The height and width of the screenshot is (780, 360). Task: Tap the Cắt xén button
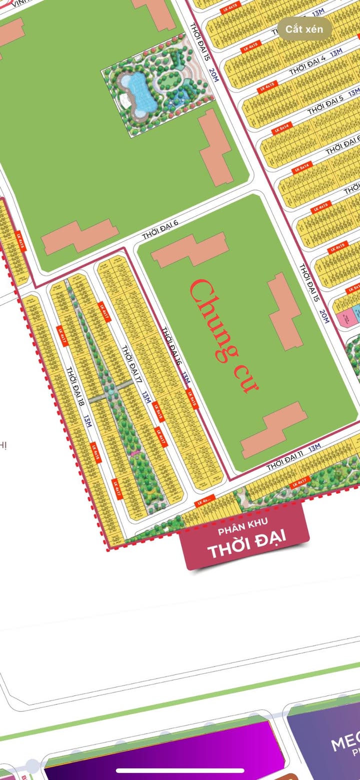pyautogui.click(x=304, y=29)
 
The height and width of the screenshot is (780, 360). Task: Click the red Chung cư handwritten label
pyautogui.click(x=223, y=335)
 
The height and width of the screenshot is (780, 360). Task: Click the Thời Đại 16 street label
pyautogui.click(x=170, y=346)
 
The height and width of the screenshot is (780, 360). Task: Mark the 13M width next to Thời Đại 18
pyautogui.click(x=87, y=422)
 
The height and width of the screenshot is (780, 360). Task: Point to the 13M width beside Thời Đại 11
pyautogui.click(x=314, y=447)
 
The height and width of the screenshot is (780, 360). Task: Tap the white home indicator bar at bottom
pyautogui.click(x=179, y=770)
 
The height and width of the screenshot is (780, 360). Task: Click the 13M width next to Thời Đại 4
pyautogui.click(x=336, y=52)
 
